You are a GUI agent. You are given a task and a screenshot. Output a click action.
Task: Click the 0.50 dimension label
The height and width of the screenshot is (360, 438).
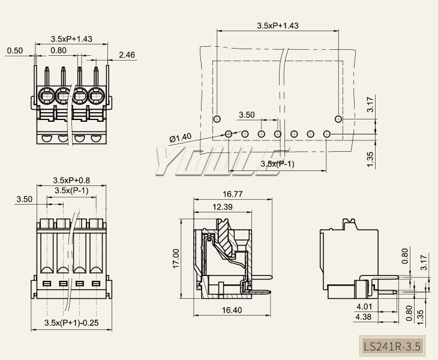[14, 51]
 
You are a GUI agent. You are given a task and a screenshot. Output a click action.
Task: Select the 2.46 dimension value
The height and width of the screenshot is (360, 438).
[127, 55]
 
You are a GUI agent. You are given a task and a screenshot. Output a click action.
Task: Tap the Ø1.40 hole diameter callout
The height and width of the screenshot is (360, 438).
[180, 138]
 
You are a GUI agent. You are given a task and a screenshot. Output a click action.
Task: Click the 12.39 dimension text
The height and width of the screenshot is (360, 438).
[223, 207]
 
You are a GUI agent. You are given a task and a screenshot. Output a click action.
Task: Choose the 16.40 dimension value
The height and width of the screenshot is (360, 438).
[232, 310]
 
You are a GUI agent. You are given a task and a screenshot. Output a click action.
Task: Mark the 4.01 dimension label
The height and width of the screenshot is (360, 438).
[364, 306]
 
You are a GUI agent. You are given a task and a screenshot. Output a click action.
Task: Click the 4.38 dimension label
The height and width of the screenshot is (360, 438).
[364, 316]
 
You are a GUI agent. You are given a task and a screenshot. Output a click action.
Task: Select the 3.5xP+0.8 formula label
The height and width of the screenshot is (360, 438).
[71, 180]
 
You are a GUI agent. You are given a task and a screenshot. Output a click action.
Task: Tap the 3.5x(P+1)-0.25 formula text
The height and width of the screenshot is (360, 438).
[71, 323]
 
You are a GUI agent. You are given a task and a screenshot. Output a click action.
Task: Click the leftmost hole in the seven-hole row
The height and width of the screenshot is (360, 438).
[229, 133]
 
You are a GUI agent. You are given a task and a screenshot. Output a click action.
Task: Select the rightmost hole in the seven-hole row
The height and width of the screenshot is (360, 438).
[327, 133]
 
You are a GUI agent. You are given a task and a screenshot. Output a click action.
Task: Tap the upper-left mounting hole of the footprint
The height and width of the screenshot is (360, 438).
[217, 118]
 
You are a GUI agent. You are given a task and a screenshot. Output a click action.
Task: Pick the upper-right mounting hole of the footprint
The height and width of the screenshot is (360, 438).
[338, 118]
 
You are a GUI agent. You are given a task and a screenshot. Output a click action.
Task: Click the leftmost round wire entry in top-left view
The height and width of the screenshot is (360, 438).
[46, 95]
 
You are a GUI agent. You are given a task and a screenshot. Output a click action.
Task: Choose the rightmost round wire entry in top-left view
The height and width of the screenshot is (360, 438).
[96, 95]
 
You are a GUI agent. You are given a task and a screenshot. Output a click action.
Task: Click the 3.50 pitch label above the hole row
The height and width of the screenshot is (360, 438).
[247, 115]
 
